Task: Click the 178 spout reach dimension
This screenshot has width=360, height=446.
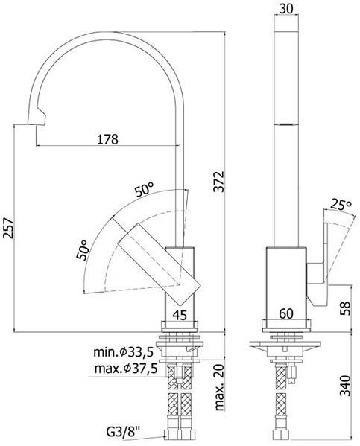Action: [107, 139]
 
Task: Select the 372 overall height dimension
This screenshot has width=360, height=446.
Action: [219, 182]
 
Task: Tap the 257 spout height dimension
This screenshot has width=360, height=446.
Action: [8, 228]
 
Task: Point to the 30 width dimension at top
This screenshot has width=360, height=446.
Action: [286, 9]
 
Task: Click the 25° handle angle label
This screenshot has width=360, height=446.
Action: [341, 205]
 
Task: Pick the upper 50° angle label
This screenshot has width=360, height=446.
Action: [145, 190]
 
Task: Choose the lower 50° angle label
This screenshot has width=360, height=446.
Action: [83, 250]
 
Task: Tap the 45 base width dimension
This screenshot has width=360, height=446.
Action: [180, 315]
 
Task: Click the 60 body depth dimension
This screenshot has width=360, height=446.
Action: [286, 313]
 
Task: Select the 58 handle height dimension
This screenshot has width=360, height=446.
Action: [345, 308]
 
